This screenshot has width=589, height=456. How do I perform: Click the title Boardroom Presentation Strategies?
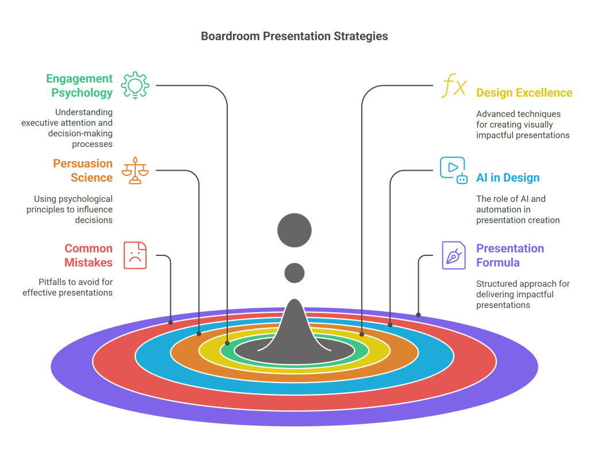click(294, 36)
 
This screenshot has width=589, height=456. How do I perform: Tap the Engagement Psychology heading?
click(79, 85)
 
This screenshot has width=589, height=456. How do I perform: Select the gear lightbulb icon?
click(135, 86)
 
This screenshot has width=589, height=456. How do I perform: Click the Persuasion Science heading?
click(83, 171)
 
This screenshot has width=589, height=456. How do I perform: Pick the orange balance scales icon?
click(135, 170)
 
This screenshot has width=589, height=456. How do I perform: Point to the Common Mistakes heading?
click(89, 255)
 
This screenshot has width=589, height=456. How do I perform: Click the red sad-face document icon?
click(136, 255)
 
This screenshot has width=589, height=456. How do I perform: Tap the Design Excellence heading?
click(524, 93)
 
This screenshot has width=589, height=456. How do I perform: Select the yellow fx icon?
click(454, 87)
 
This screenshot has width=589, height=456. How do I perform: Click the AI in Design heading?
click(508, 178)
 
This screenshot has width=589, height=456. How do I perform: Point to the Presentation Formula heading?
click(510, 255)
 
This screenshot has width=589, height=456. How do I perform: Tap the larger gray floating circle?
click(294, 230)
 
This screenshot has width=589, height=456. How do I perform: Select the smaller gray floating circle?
click(294, 273)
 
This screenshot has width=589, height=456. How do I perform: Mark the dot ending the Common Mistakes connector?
click(171, 323)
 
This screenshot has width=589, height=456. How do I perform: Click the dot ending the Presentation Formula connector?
click(419, 315)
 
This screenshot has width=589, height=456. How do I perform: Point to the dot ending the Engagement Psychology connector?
click(227, 343)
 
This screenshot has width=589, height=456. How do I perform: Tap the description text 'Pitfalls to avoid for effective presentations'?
click(68, 287)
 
